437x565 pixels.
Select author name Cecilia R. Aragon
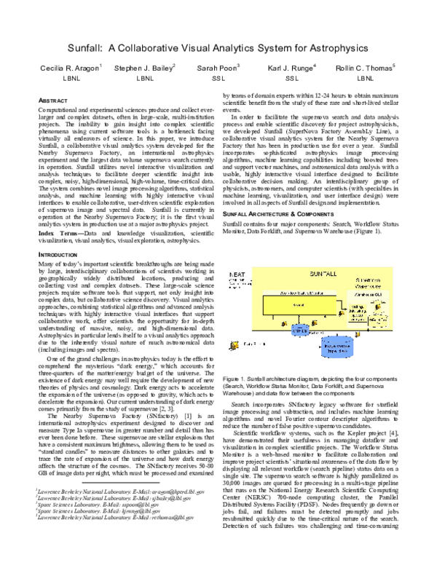click(70, 67)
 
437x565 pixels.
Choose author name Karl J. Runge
click(291, 67)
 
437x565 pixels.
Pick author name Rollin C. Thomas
click(364, 67)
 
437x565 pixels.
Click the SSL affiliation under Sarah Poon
click(218, 77)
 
